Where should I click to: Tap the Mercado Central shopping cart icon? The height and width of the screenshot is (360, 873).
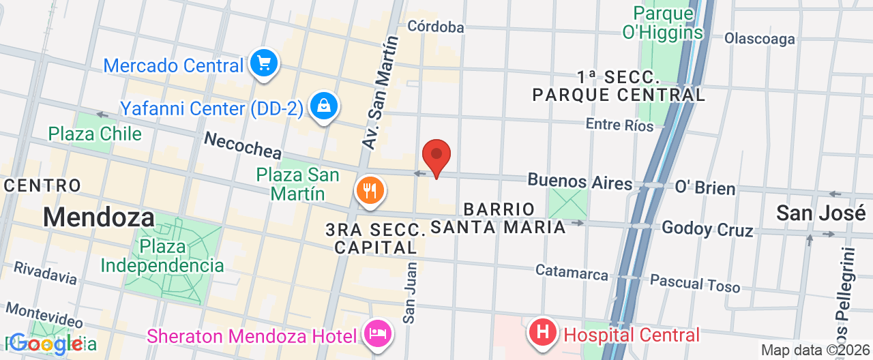coord(264,64)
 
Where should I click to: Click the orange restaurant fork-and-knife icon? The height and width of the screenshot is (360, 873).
coord(370,190)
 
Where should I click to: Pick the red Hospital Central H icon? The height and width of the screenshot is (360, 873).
coord(543,333)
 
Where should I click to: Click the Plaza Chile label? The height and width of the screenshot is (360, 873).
coord(95,134)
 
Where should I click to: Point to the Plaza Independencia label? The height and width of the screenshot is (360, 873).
coord(163,256)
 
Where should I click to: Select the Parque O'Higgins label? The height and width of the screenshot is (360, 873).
coord(667,22)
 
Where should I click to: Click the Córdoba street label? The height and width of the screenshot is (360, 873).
coord(435,27)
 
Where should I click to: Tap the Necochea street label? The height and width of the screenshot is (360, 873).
coord(242,145)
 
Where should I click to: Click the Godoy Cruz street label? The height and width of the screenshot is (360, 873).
coord(707,228)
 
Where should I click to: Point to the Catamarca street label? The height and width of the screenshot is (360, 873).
coord(572,272)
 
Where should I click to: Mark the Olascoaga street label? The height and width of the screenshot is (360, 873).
coord(759,39)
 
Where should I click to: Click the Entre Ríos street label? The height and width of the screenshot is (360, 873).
coord(619,125)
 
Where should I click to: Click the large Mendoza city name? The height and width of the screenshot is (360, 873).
coord(99,217)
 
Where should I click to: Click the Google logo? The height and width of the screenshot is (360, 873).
coord(46,344)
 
